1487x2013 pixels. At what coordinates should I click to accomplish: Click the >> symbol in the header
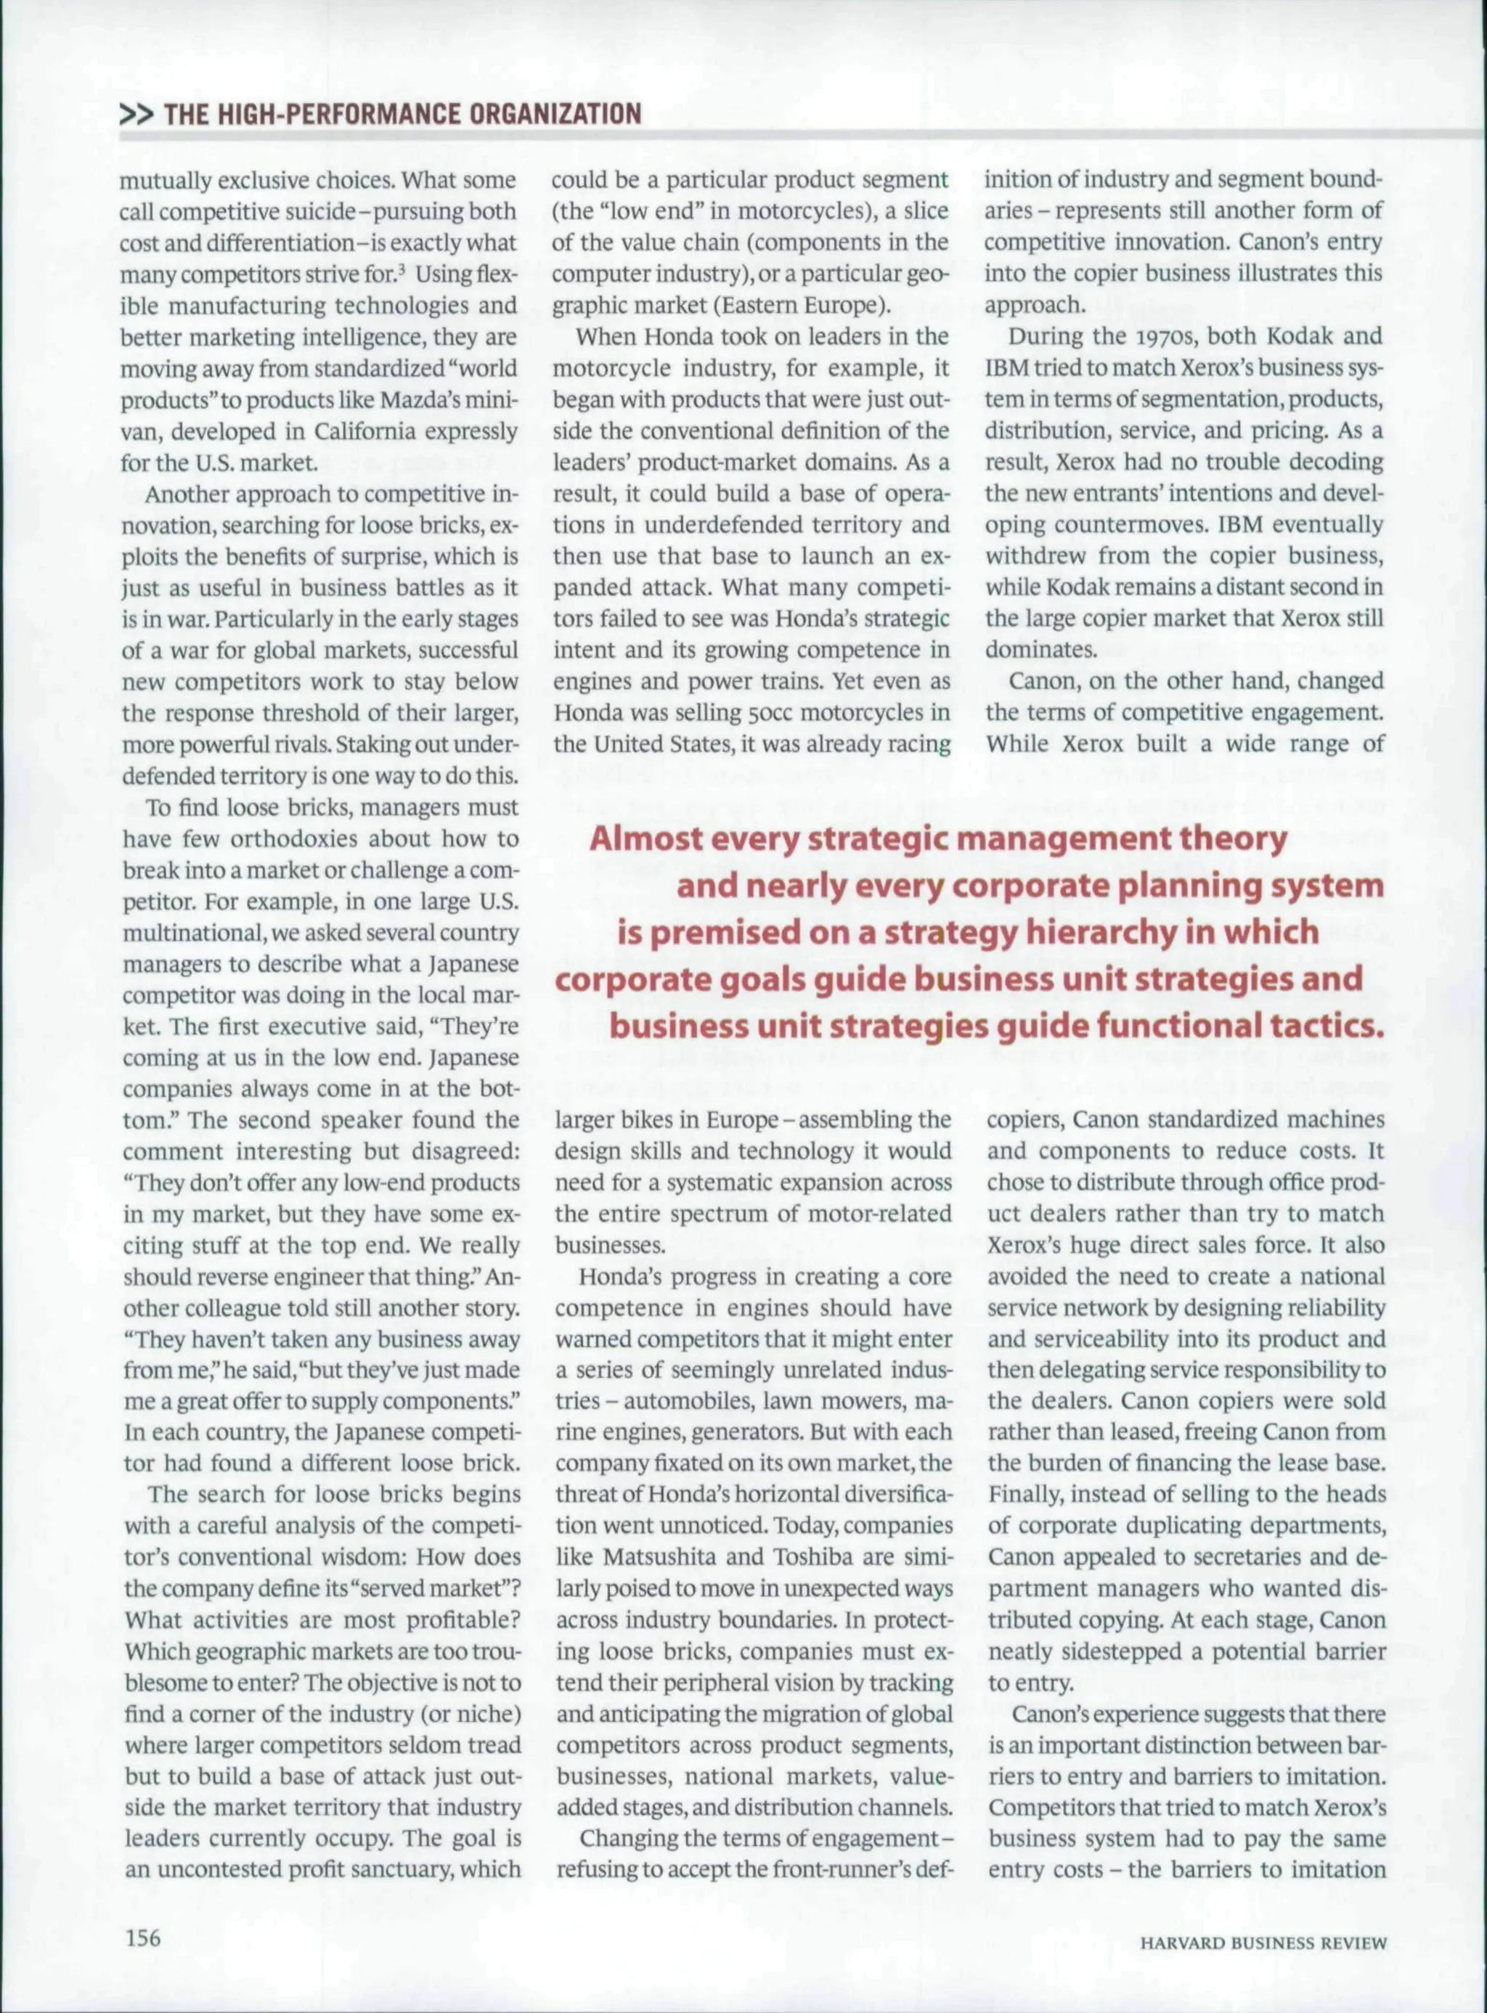click(137, 113)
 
